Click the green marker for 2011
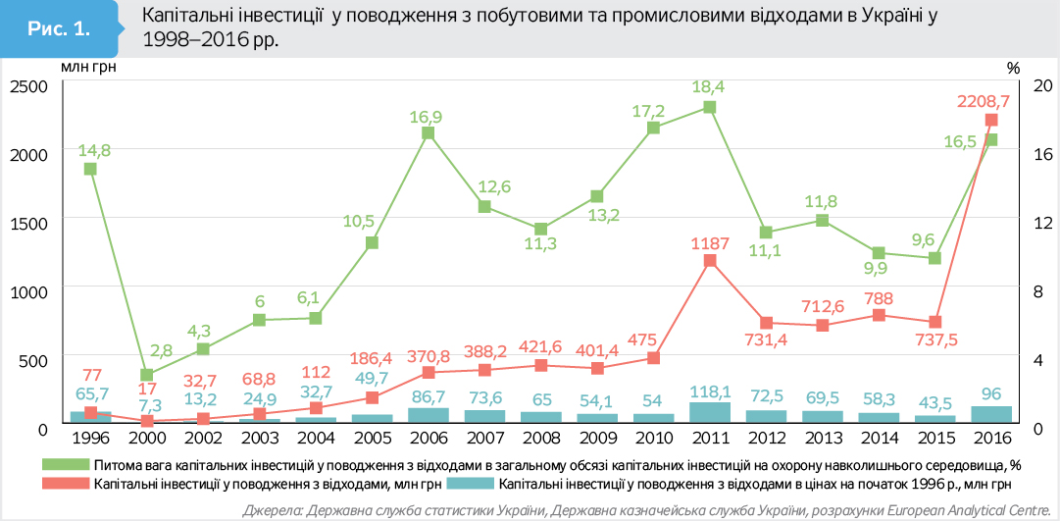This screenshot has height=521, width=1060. pyautogui.click(x=710, y=107)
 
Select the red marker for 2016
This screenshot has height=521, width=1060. pyautogui.click(x=991, y=120)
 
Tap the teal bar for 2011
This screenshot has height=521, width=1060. pyautogui.click(x=710, y=412)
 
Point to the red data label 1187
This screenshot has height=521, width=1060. pyautogui.click(x=710, y=241)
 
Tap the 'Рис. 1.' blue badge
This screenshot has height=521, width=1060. pyautogui.click(x=59, y=29)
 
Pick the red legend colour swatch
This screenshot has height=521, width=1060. pyautogui.click(x=65, y=484)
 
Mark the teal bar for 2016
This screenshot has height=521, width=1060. pyautogui.click(x=991, y=414)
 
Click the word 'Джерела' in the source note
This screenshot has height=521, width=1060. pyautogui.click(x=271, y=509)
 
